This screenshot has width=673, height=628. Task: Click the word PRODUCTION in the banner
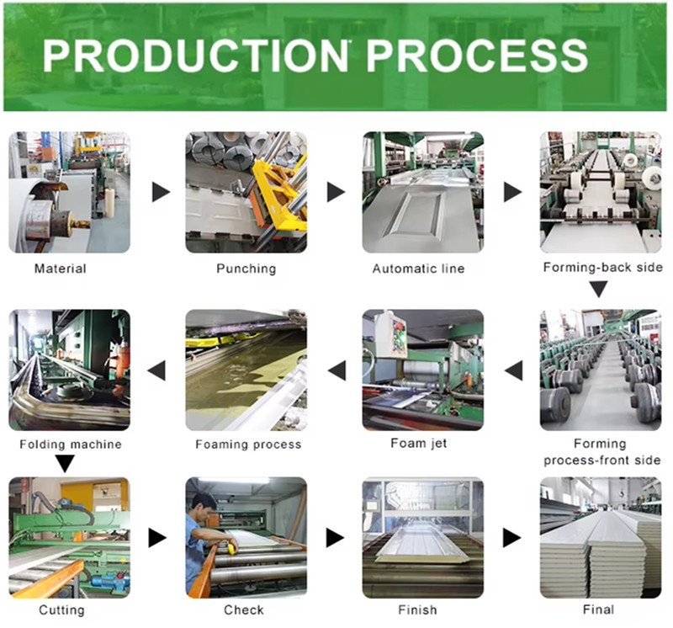(195, 56)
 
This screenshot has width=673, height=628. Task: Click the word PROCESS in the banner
(476, 56)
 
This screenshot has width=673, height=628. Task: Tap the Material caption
(60, 269)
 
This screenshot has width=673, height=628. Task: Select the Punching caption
(246, 269)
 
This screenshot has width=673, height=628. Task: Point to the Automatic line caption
(418, 269)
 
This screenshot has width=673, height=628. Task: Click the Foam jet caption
(418, 444)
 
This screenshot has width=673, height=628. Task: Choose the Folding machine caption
(71, 444)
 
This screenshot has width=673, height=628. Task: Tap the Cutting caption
(61, 610)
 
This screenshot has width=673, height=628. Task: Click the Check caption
(244, 610)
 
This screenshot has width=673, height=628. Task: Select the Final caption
(598, 609)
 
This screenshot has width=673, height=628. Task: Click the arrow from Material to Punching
(161, 192)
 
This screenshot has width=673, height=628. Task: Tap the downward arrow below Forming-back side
(598, 290)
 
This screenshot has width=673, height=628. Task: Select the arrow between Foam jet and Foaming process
(337, 370)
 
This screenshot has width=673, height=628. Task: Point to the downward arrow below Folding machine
(66, 464)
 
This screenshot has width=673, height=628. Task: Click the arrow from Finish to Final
(511, 538)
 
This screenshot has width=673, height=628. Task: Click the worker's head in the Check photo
(204, 506)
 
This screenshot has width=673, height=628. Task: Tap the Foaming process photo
(246, 370)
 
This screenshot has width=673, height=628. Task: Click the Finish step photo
(423, 538)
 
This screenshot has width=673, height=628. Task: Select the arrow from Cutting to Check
(157, 538)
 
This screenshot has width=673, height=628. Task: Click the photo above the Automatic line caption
(423, 192)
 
